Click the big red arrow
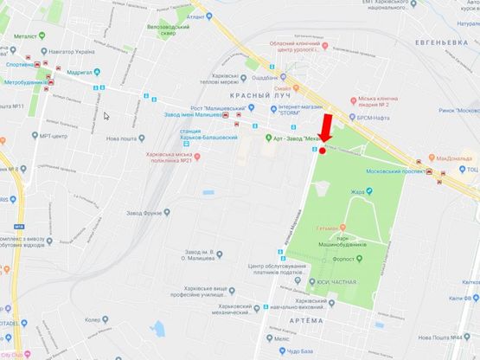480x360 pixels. coord(327,128)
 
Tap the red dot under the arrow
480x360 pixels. coord(323,151)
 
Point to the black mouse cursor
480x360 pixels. coord(106,115)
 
